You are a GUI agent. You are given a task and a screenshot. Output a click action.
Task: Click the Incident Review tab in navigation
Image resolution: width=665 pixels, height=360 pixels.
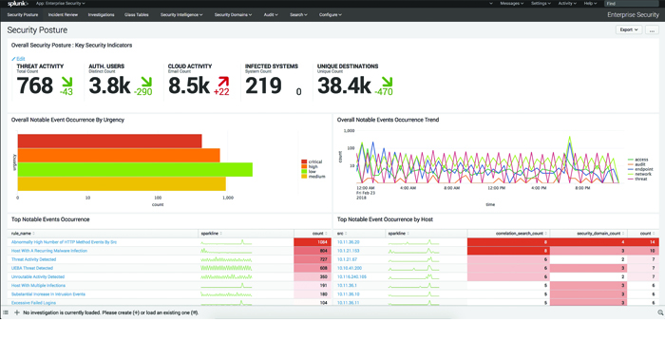[x=62, y=15]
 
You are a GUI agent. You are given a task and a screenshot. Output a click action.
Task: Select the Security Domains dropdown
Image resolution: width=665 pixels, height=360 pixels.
[x=232, y=15]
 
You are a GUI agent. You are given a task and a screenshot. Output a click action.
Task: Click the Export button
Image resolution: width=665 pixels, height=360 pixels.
[x=628, y=30]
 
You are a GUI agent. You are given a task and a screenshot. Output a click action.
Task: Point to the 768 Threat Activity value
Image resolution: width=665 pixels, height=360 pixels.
[x=34, y=86]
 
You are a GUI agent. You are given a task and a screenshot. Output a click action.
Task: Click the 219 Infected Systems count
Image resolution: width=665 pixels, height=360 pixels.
[x=262, y=86]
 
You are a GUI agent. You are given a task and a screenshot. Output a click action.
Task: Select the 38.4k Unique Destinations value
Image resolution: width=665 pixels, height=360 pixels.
[x=342, y=86]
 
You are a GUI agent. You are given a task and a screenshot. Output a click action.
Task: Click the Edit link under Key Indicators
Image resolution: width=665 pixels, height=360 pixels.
[x=19, y=59]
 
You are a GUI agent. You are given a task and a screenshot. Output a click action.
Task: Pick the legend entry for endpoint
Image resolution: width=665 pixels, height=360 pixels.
[x=639, y=168]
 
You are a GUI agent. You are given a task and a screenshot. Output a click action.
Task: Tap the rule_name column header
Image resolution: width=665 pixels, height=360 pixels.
[x=22, y=233]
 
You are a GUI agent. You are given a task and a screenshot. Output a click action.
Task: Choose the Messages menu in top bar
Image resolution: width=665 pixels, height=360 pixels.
[x=510, y=4]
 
